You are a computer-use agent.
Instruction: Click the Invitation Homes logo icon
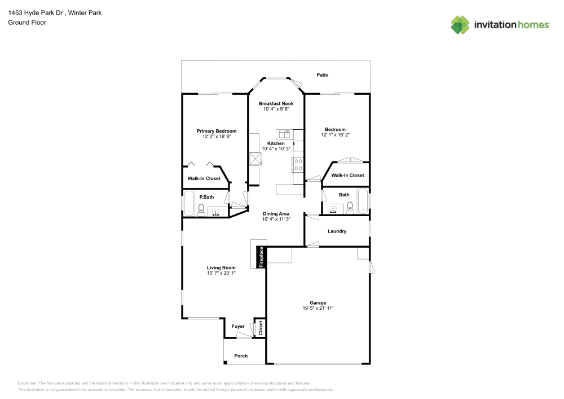click(x=460, y=24)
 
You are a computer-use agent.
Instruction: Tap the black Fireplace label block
click(x=261, y=257)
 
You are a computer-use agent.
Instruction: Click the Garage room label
click(x=318, y=303)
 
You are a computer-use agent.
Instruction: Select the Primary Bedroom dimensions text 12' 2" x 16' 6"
click(x=217, y=137)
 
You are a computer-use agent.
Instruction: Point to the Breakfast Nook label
click(x=276, y=104)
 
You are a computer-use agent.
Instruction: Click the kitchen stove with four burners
click(x=298, y=165)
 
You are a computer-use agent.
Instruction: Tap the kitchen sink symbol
click(x=283, y=134)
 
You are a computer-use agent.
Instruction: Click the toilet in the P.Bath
click(x=201, y=209)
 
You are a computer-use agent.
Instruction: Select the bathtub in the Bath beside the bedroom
click(x=363, y=201)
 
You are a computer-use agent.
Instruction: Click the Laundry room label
click(x=337, y=231)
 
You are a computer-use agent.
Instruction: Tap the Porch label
click(x=241, y=356)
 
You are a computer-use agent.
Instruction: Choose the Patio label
click(x=322, y=75)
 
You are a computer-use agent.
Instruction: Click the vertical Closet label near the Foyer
click(x=261, y=328)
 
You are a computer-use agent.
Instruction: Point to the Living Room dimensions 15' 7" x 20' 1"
click(x=221, y=273)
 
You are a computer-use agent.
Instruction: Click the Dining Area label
click(x=276, y=214)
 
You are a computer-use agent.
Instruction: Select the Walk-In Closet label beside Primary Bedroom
click(x=204, y=179)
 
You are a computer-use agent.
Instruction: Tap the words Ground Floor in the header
click(x=27, y=23)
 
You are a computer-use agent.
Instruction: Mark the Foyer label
click(x=238, y=326)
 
